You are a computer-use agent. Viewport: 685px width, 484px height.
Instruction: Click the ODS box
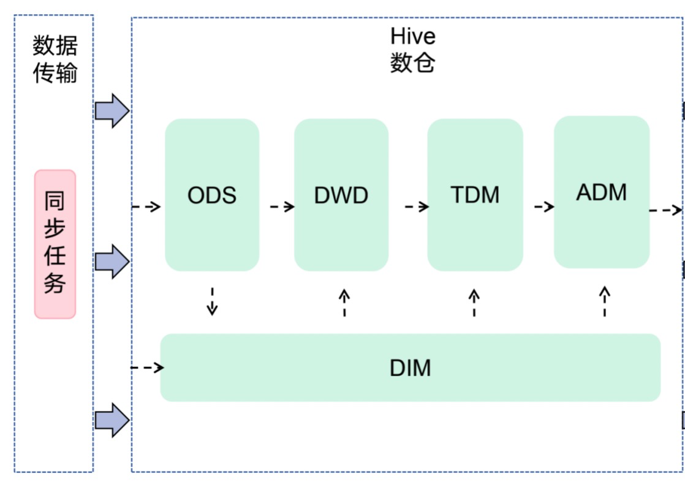(212, 195)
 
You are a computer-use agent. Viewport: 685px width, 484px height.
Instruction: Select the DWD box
(341, 195)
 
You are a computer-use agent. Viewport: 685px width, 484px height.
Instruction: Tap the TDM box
(475, 195)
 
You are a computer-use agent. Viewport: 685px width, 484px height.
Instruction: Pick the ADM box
(602, 192)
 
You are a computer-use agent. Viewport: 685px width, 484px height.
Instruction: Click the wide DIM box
(411, 368)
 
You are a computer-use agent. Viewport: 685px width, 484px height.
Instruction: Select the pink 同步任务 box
(55, 244)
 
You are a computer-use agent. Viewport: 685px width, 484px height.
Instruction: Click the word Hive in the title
(413, 36)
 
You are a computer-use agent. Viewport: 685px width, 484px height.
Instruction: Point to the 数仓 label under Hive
(412, 62)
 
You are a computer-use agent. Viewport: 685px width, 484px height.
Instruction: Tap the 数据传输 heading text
(55, 59)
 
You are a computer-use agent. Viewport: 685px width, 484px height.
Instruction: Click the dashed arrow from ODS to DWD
(282, 206)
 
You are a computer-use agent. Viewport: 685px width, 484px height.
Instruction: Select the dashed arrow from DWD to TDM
(417, 206)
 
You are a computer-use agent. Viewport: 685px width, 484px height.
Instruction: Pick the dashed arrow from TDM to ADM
(544, 206)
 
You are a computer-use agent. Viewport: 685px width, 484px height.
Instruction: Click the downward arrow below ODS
(213, 301)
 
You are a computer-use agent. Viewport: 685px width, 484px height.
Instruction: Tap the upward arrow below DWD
(344, 302)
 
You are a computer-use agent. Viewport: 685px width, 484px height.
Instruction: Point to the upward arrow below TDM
(474, 302)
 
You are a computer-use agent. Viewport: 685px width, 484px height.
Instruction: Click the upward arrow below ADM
(605, 301)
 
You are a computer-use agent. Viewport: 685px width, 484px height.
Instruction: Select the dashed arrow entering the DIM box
(147, 368)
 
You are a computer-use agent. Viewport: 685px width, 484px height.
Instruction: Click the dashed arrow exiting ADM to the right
(666, 211)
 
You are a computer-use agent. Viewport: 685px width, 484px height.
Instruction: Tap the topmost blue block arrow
(112, 110)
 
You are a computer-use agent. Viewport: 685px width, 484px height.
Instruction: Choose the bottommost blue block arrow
(112, 420)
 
